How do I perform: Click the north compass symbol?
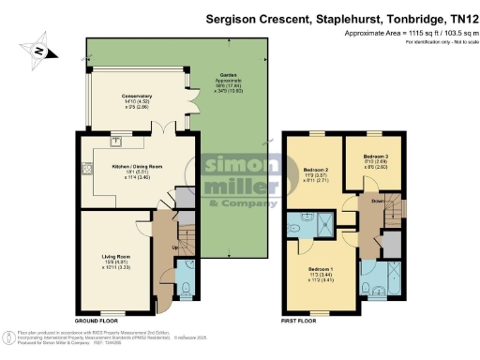pos(39,52)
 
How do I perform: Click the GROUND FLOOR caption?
pos(97,321)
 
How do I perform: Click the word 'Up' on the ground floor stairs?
pos(174,247)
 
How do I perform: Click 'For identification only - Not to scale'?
pos(434,41)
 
